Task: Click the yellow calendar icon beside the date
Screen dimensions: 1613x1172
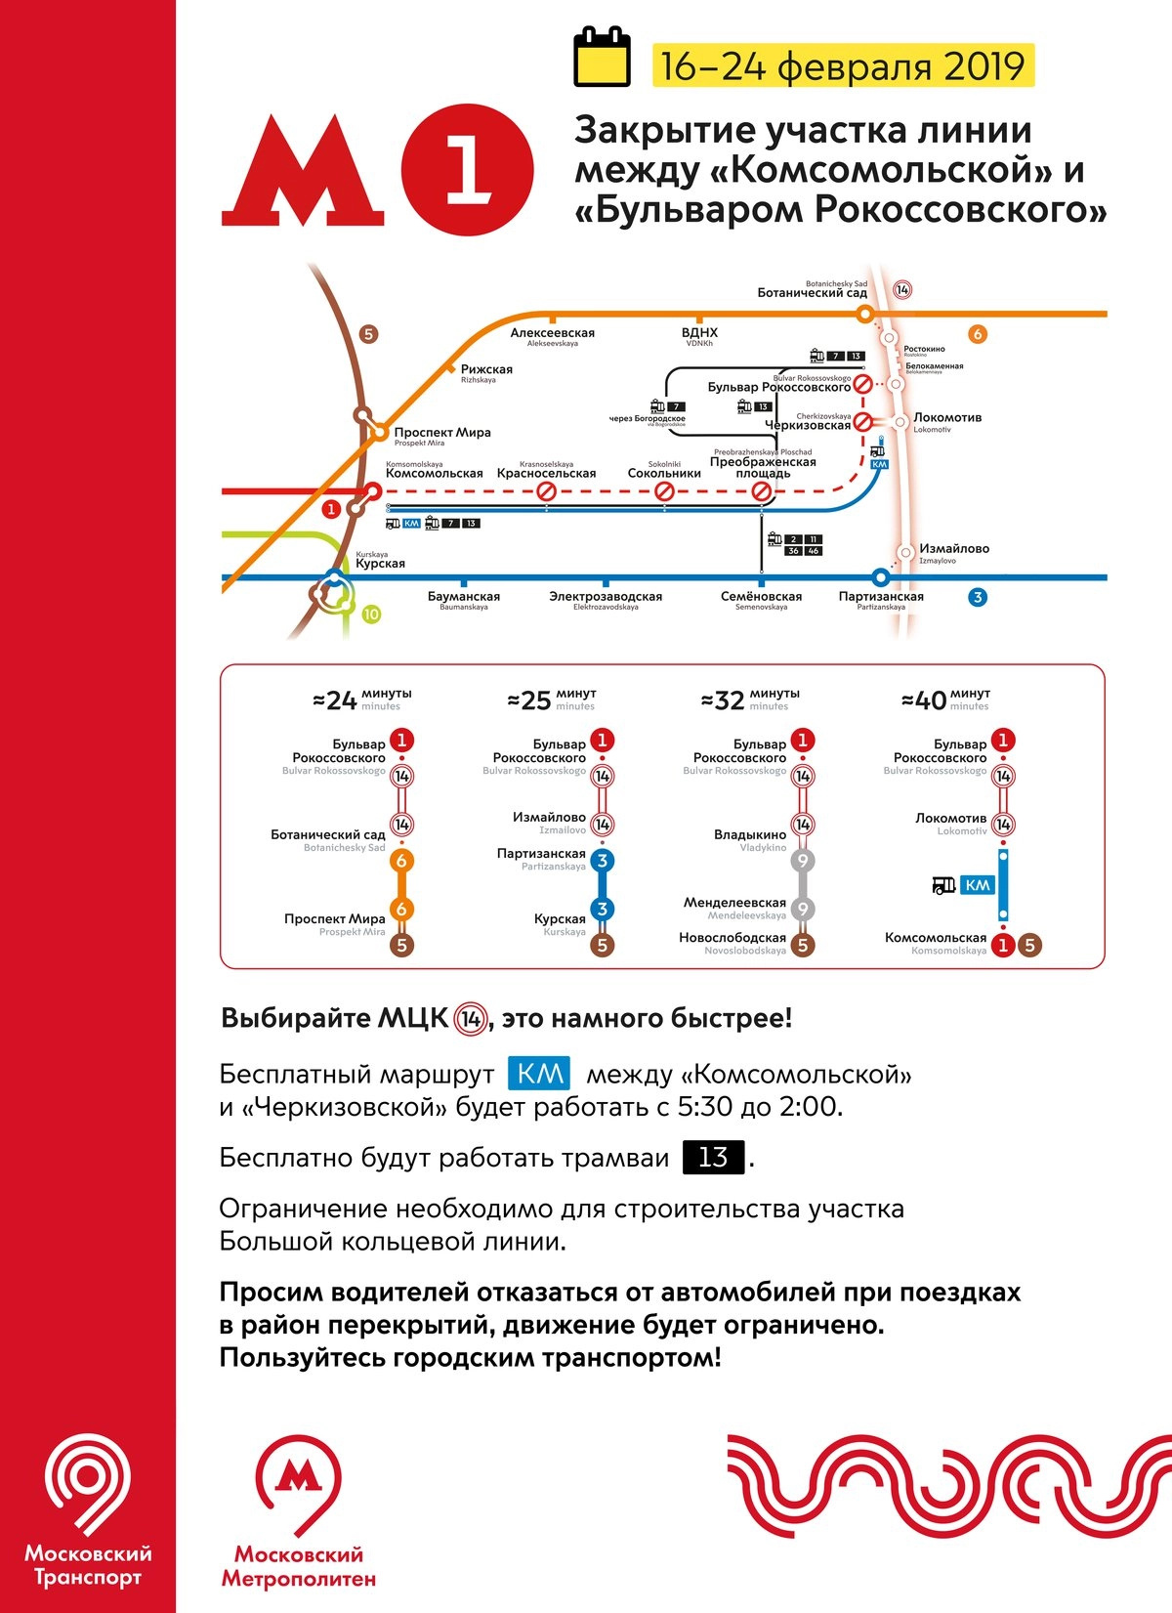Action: (x=602, y=58)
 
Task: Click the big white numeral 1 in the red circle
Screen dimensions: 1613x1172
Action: (x=468, y=171)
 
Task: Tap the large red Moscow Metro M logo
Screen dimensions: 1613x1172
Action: (x=303, y=172)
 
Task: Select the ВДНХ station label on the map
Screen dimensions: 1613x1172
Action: (x=699, y=333)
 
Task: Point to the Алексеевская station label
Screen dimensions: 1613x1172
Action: (x=552, y=333)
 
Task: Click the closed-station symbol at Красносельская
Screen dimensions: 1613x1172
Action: (x=547, y=491)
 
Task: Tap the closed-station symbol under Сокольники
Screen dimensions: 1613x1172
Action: (x=664, y=491)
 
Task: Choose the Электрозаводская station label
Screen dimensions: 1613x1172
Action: (x=606, y=597)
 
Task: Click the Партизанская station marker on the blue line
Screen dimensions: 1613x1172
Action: (x=881, y=577)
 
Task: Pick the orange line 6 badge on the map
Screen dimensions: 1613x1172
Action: (x=977, y=334)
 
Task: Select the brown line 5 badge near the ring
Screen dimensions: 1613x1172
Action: (x=368, y=334)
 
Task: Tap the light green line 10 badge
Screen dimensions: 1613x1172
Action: (x=371, y=615)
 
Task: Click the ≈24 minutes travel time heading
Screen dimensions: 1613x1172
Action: (x=361, y=700)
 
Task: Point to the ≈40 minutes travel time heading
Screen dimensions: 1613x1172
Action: (x=944, y=700)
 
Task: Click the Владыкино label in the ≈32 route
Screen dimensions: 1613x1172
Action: (x=750, y=835)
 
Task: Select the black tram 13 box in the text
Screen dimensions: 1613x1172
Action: (x=713, y=1157)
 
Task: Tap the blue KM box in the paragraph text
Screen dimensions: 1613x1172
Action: (x=539, y=1074)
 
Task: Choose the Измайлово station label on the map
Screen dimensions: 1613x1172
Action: (x=954, y=549)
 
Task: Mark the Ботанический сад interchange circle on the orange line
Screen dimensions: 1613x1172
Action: (x=864, y=315)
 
